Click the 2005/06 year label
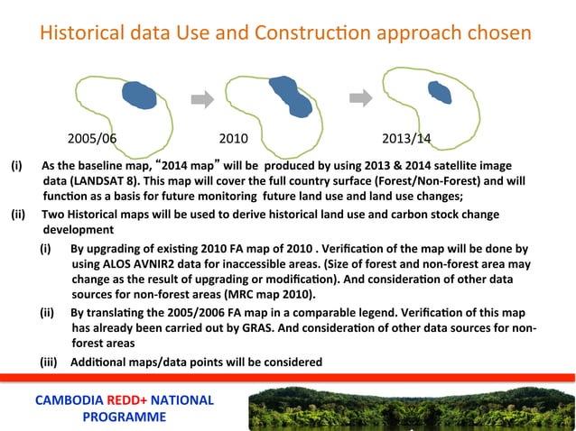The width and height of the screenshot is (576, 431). coord(92,140)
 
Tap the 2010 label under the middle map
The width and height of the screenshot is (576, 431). coord(235,140)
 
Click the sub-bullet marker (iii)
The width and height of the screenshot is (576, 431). coord(51,362)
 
